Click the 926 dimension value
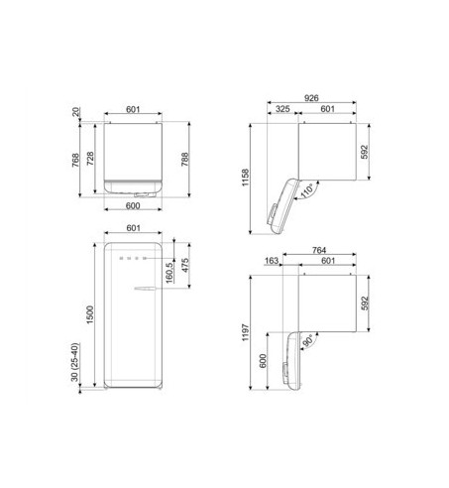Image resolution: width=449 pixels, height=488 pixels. pos(311,98)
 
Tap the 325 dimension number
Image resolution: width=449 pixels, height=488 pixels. pos(282,109)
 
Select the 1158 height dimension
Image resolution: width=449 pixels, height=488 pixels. pos(245,178)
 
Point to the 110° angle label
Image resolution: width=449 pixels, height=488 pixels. pos(307,191)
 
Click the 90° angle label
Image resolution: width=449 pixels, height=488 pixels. pos(307,341)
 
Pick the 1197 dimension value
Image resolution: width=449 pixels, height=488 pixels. pos(245,332)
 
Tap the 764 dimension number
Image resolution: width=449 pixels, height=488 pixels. pos(319,250)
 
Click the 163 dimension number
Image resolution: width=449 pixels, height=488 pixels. pos(272,261)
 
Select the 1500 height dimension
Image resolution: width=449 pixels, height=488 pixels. pos(90,314)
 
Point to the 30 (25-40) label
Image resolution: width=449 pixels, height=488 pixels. pos(75,362)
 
